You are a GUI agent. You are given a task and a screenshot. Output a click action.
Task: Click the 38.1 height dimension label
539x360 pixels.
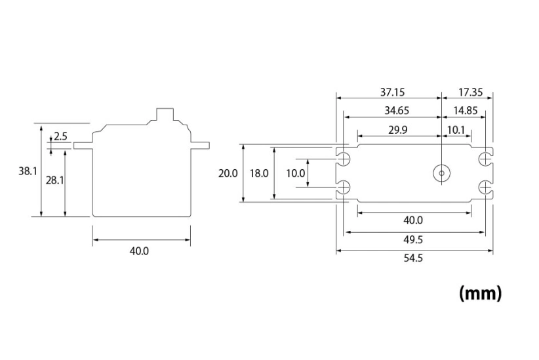[28, 171]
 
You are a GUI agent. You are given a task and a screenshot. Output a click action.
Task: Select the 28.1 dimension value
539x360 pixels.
[54, 180]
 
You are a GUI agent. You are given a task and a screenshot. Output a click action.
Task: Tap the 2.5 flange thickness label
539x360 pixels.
[61, 136]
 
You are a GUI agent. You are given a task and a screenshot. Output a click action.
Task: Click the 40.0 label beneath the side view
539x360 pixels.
[140, 251]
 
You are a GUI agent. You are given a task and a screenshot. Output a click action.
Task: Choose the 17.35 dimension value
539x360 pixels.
[466, 92]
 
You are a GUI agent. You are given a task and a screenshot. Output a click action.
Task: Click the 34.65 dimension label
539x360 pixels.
[388, 111]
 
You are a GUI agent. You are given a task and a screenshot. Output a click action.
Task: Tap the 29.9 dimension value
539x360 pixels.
[397, 130]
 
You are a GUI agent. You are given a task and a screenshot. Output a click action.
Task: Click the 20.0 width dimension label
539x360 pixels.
[228, 174]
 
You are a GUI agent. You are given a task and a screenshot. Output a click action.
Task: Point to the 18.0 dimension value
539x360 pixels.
[259, 174]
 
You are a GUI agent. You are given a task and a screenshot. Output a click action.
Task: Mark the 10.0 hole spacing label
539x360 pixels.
[296, 174]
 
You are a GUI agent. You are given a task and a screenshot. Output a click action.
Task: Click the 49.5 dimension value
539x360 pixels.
[413, 239]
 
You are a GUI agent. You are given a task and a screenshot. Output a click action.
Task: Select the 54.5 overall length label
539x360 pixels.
[413, 258]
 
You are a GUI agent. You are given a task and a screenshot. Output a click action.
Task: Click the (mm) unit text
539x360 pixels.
[480, 292]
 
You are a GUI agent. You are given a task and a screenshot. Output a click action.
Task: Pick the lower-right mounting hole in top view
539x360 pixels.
[485, 188]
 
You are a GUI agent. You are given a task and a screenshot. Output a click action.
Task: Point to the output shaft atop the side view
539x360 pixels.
[165, 115]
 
